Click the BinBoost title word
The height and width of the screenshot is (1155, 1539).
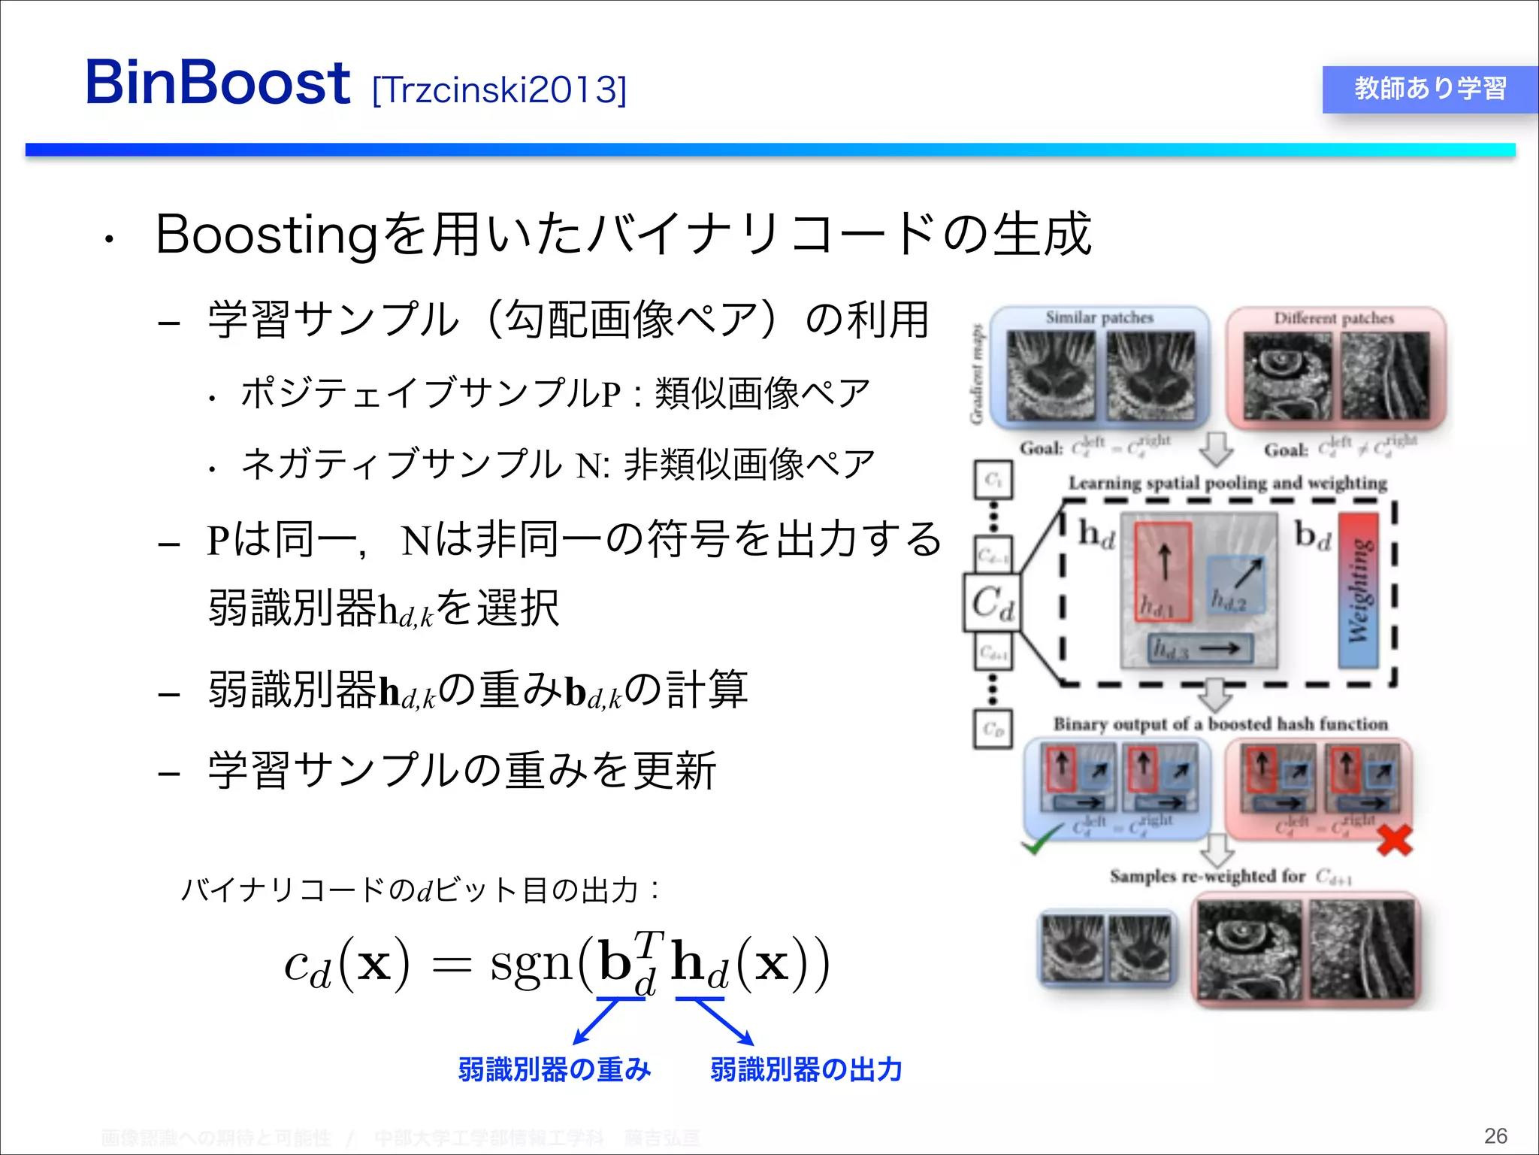218,83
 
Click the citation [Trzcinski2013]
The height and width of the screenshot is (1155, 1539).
499,90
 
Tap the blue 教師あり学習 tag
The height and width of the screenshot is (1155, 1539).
1429,89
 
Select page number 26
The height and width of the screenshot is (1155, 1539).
1495,1135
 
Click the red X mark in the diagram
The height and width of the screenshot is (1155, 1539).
1394,841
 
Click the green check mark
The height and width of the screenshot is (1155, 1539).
1041,840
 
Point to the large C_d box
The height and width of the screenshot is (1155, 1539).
992,602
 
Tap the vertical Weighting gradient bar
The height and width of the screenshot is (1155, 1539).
1359,591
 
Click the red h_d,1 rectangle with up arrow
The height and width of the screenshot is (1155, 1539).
1163,571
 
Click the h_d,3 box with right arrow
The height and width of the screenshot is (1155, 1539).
1200,648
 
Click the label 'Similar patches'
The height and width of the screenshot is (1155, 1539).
1099,317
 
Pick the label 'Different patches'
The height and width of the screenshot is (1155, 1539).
1333,318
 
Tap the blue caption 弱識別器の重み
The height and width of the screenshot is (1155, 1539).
554,1069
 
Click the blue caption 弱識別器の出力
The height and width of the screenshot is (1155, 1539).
806,1069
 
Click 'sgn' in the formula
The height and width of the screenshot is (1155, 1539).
531,963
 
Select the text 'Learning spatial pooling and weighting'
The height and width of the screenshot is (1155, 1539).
1227,483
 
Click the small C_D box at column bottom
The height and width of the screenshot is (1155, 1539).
993,729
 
